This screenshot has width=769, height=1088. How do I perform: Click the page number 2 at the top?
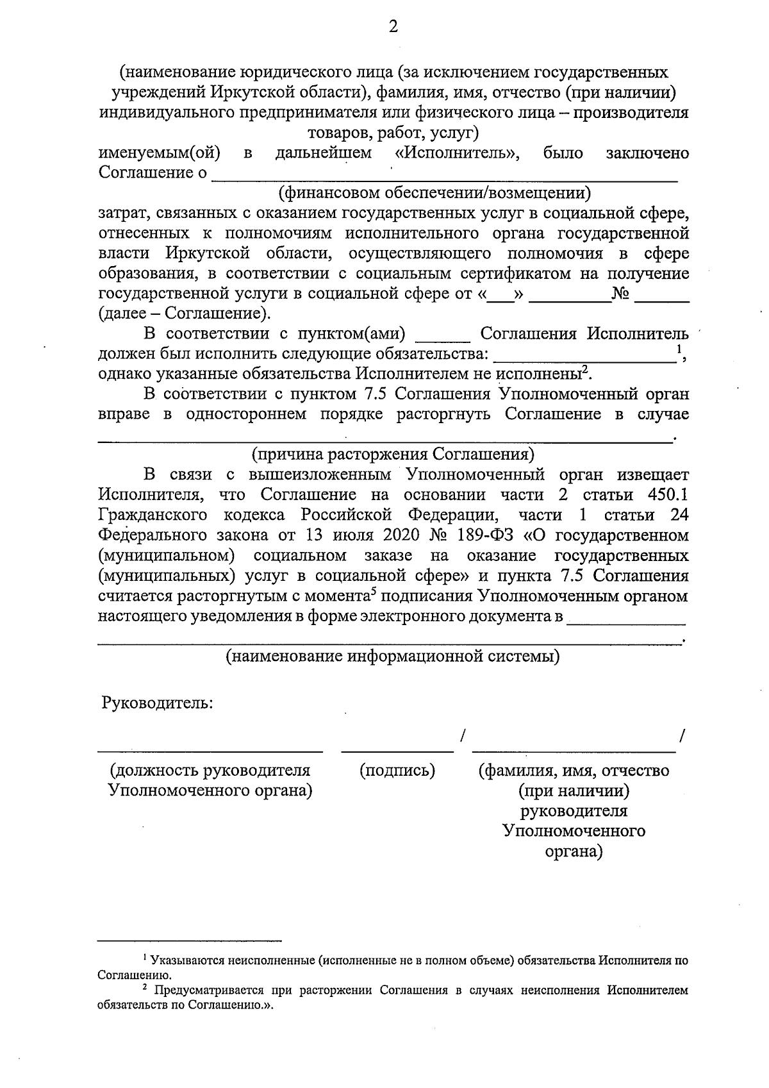[x=393, y=26]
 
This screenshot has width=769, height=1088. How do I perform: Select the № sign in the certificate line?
[x=621, y=294]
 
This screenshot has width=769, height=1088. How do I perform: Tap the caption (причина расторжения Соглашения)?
[x=393, y=454]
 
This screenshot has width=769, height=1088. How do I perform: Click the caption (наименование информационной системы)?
[x=393, y=657]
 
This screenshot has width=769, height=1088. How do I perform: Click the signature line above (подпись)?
[x=397, y=749]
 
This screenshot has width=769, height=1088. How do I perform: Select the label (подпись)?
[x=397, y=770]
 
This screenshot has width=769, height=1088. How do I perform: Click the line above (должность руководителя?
[x=210, y=749]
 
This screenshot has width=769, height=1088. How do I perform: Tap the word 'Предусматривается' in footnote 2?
[x=211, y=991]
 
